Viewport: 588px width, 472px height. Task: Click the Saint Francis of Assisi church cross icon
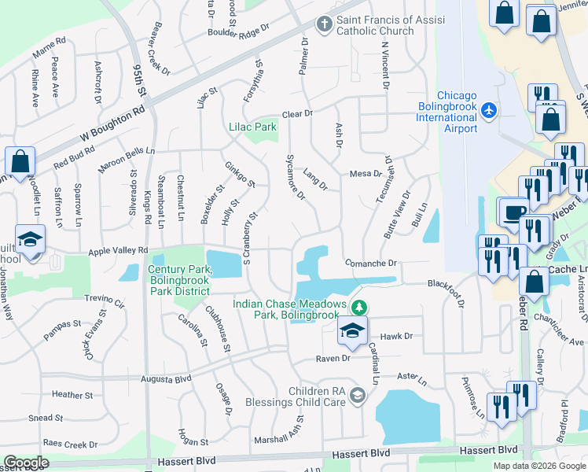pos(324,24)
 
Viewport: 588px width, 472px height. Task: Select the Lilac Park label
pos(252,127)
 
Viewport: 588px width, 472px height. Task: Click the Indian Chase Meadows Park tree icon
pos(359,306)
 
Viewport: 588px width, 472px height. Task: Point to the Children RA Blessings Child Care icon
pos(358,394)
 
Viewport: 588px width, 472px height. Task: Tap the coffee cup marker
pos(514,212)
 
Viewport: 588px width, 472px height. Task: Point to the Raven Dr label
pos(332,359)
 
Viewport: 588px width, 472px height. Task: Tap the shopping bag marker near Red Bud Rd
pos(20,161)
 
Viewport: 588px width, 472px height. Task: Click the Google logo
pos(27,463)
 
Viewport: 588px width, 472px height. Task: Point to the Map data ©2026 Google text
pos(538,466)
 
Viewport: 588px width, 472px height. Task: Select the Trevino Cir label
pos(105,301)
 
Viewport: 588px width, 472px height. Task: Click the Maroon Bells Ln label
pos(127,150)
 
